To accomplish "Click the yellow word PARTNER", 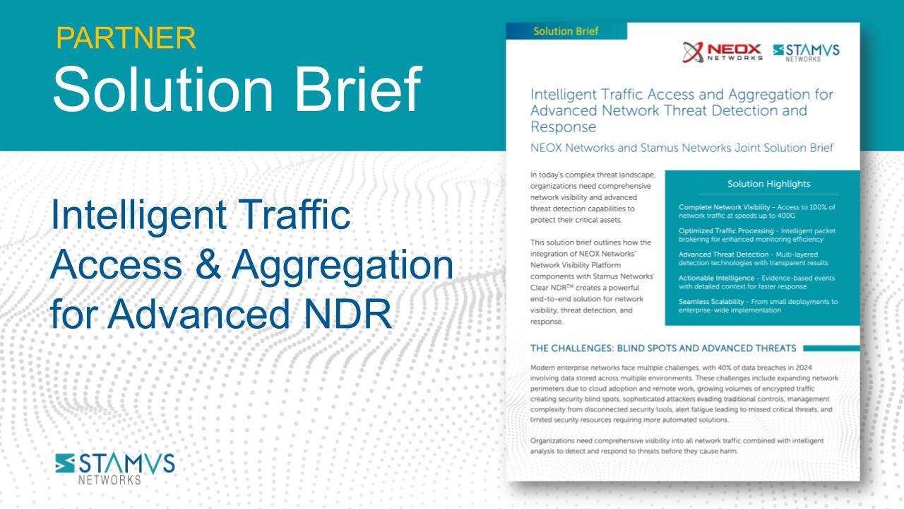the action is [x=126, y=38].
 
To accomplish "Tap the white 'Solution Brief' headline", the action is [x=237, y=89].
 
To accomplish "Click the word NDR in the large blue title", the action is [x=347, y=314].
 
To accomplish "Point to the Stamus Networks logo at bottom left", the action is [x=115, y=469].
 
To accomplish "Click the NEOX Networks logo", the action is [x=722, y=52].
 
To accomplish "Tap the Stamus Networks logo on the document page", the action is [x=806, y=53].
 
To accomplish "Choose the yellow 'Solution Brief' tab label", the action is [x=566, y=31].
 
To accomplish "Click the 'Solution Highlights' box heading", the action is [x=768, y=184].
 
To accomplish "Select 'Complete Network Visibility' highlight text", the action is [x=725, y=207].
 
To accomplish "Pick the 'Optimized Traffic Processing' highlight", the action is [x=726, y=230].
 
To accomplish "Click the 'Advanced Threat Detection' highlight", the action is [x=724, y=254].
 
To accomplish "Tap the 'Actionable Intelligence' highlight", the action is [x=716, y=278].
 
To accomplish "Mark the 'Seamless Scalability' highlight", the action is [x=711, y=302].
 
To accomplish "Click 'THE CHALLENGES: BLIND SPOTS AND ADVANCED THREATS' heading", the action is [x=663, y=349].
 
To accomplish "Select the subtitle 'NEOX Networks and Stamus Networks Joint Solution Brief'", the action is [x=682, y=148].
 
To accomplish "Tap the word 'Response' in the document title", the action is [x=564, y=127].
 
